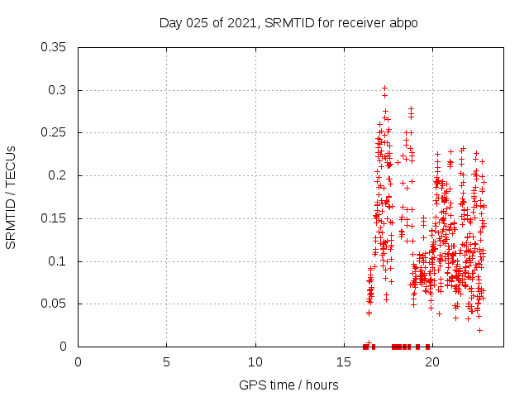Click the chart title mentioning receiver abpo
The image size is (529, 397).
click(x=288, y=22)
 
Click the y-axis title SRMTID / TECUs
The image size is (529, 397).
click(x=11, y=197)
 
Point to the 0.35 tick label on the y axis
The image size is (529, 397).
click(x=55, y=47)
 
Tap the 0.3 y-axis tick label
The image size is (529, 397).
click(x=59, y=90)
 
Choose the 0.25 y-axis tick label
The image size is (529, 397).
click(x=55, y=132)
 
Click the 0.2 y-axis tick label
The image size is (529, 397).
click(x=59, y=175)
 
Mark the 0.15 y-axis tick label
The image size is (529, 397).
click(x=55, y=218)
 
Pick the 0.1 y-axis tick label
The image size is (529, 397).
click(x=59, y=261)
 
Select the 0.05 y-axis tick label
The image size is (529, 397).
click(x=55, y=304)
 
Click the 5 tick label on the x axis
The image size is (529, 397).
click(x=166, y=362)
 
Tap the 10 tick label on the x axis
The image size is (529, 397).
click(x=255, y=362)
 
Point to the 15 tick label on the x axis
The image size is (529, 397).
click(x=344, y=362)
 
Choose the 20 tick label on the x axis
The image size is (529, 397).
click(x=432, y=362)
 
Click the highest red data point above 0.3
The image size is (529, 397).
click(x=384, y=88)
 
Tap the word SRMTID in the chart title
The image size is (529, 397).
click(x=290, y=22)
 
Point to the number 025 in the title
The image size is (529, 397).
click(x=198, y=22)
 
